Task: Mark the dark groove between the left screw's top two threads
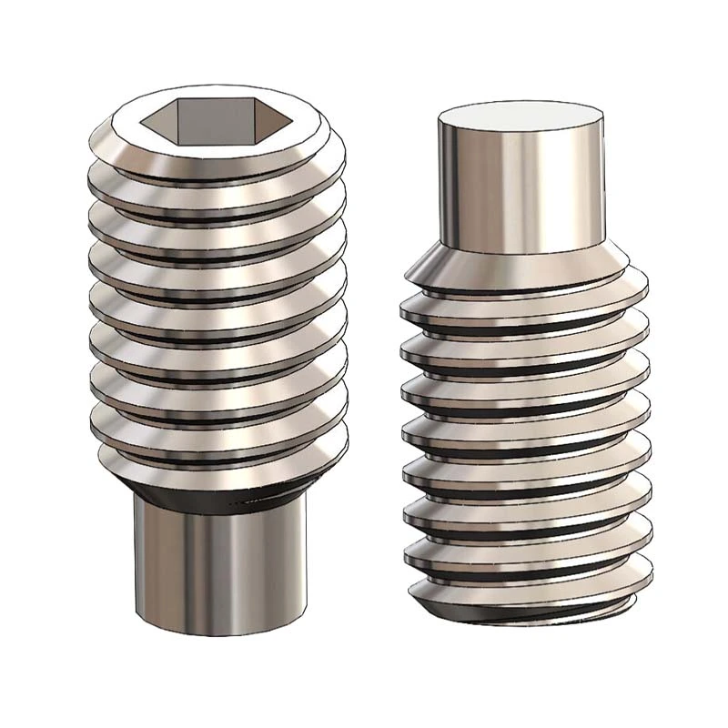[218, 192]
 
